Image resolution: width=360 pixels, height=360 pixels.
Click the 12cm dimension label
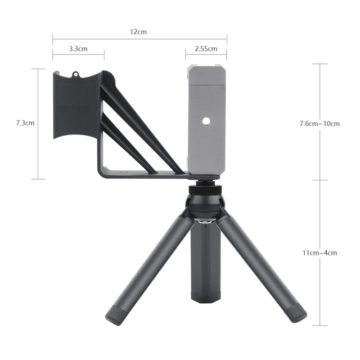pos(139,32)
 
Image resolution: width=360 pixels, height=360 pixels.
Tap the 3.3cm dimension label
pos(78,49)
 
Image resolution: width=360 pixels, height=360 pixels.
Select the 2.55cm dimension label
pos(206,49)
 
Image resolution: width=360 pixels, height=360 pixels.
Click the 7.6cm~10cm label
pos(320,123)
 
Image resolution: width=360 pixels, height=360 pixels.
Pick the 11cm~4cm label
pos(320,253)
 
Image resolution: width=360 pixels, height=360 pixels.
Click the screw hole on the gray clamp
pos(206,121)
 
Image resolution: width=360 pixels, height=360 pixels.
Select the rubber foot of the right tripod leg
pos(297,312)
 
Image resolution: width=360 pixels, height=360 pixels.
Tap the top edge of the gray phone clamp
pos(207,66)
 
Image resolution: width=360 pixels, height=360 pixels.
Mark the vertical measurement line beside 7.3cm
pos(38,124)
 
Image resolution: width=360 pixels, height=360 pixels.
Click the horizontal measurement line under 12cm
pos(139,39)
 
